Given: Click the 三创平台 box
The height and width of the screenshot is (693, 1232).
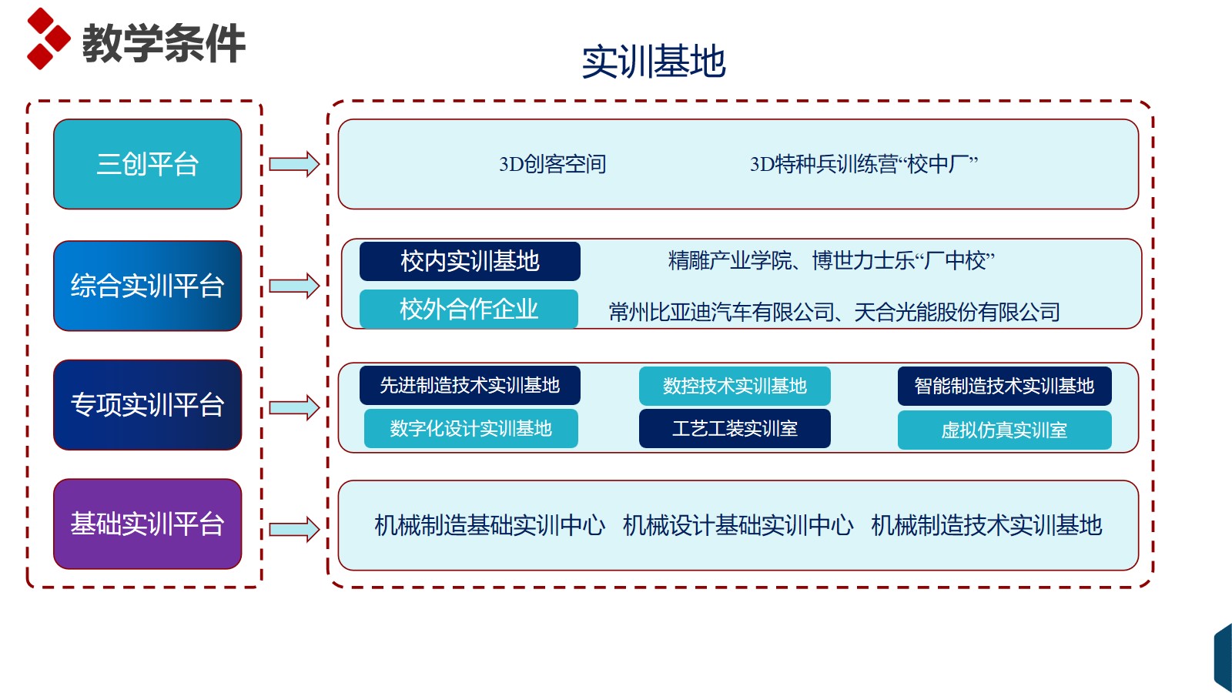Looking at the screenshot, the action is tap(147, 164).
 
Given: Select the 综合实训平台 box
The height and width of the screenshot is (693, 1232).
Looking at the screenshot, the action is tap(147, 286).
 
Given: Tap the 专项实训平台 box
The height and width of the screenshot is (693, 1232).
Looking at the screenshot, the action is tap(147, 405).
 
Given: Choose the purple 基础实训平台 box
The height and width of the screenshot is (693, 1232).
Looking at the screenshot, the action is tap(147, 524).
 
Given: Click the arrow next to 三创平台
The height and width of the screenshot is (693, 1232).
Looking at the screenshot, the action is tap(294, 164).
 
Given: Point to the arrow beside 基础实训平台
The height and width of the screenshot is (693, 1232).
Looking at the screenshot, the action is tap(294, 529).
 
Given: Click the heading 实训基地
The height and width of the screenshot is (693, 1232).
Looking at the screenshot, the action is tap(654, 62).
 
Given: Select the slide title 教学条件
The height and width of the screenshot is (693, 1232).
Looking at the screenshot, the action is tap(163, 43).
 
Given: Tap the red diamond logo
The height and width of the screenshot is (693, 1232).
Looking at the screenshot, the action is tap(49, 38).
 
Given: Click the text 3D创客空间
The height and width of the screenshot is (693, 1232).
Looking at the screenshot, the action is tap(552, 164).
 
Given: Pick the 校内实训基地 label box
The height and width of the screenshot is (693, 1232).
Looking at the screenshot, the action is tap(470, 261).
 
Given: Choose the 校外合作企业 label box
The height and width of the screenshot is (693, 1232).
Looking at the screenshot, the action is tap(469, 309).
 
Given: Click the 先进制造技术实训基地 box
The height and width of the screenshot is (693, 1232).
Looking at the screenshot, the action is tap(470, 386).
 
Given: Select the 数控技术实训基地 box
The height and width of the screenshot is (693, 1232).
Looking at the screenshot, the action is tap(735, 386).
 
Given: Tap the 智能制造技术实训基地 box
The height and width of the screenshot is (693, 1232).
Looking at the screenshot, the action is tap(1004, 386).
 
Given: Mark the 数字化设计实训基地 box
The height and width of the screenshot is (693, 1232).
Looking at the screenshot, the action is tap(470, 428).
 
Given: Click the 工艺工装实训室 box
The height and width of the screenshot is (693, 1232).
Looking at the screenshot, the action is tap(735, 428).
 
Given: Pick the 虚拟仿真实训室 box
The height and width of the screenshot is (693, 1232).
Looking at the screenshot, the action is tap(1004, 430).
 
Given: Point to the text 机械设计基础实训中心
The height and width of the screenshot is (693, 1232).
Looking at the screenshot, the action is tap(738, 525).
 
